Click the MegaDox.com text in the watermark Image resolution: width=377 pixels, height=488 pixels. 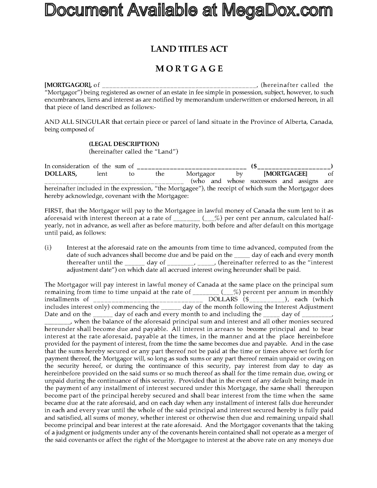[277, 11]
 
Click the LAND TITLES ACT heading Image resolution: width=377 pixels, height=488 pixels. [189, 49]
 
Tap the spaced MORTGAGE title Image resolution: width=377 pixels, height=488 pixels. [189, 69]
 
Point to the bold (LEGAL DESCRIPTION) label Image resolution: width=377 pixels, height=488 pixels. [124, 144]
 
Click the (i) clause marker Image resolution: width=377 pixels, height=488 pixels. [48, 248]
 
